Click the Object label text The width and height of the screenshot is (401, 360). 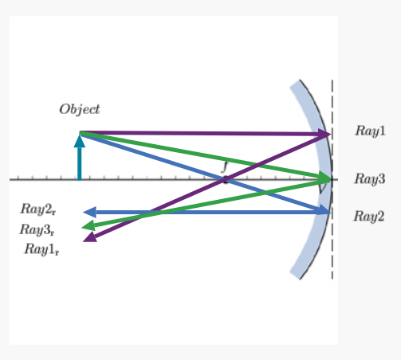pyautogui.click(x=80, y=108)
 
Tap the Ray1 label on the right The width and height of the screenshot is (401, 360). pyautogui.click(x=371, y=131)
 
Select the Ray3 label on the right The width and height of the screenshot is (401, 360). pyautogui.click(x=371, y=179)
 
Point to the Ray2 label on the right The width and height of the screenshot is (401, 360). pyautogui.click(x=370, y=216)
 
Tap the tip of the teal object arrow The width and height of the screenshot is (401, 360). pyautogui.click(x=79, y=135)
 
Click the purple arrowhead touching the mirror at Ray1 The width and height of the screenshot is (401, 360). pyautogui.click(x=328, y=135)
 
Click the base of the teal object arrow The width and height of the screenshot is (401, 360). pyautogui.click(x=79, y=179)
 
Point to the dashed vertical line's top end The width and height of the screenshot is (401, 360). pyautogui.click(x=332, y=80)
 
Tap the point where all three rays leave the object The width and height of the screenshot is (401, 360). pyautogui.click(x=80, y=132)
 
